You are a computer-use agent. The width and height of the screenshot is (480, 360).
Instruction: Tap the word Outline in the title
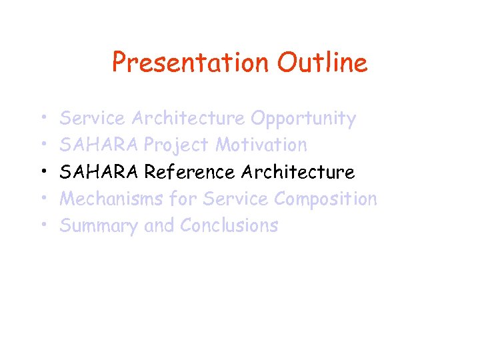pos(322,63)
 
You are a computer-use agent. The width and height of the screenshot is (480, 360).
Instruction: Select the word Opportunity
pos(303,119)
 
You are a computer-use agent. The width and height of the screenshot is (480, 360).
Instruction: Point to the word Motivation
pos(261,145)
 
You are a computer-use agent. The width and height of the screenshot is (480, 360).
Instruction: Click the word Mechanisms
pos(112,199)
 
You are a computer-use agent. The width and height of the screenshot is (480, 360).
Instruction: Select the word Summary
pos(99,226)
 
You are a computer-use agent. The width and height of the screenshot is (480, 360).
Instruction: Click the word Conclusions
pos(229,226)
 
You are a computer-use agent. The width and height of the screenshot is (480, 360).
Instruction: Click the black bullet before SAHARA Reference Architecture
pos(42,173)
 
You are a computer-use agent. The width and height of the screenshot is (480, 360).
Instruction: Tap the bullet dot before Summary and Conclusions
pos(42,226)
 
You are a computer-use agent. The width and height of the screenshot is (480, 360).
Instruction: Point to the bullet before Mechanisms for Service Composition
pos(42,199)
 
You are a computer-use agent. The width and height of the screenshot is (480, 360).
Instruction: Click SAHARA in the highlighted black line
pos(99,172)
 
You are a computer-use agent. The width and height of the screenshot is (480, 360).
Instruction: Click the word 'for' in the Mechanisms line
pos(183,199)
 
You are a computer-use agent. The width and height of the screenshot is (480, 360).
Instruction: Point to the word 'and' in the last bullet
pos(159,226)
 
